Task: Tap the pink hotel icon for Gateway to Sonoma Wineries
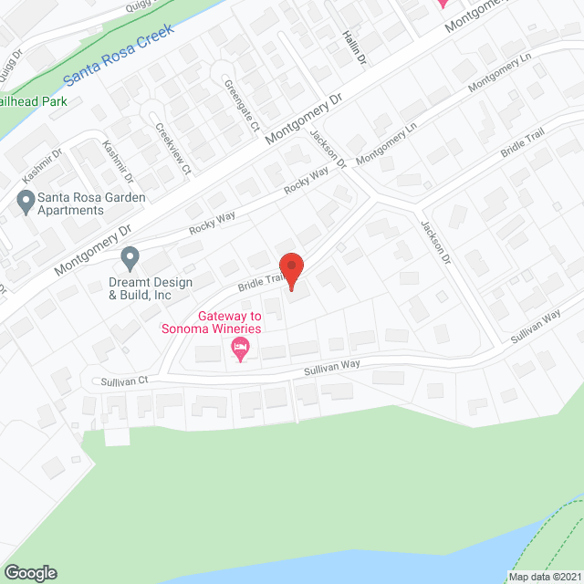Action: tap(241, 347)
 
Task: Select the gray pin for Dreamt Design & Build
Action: tap(130, 256)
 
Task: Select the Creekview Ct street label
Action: tap(172, 149)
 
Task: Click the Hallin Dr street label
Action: tap(354, 46)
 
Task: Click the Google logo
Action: tap(30, 572)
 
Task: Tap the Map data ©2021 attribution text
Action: tap(544, 576)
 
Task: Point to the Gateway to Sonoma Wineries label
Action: tap(212, 322)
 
